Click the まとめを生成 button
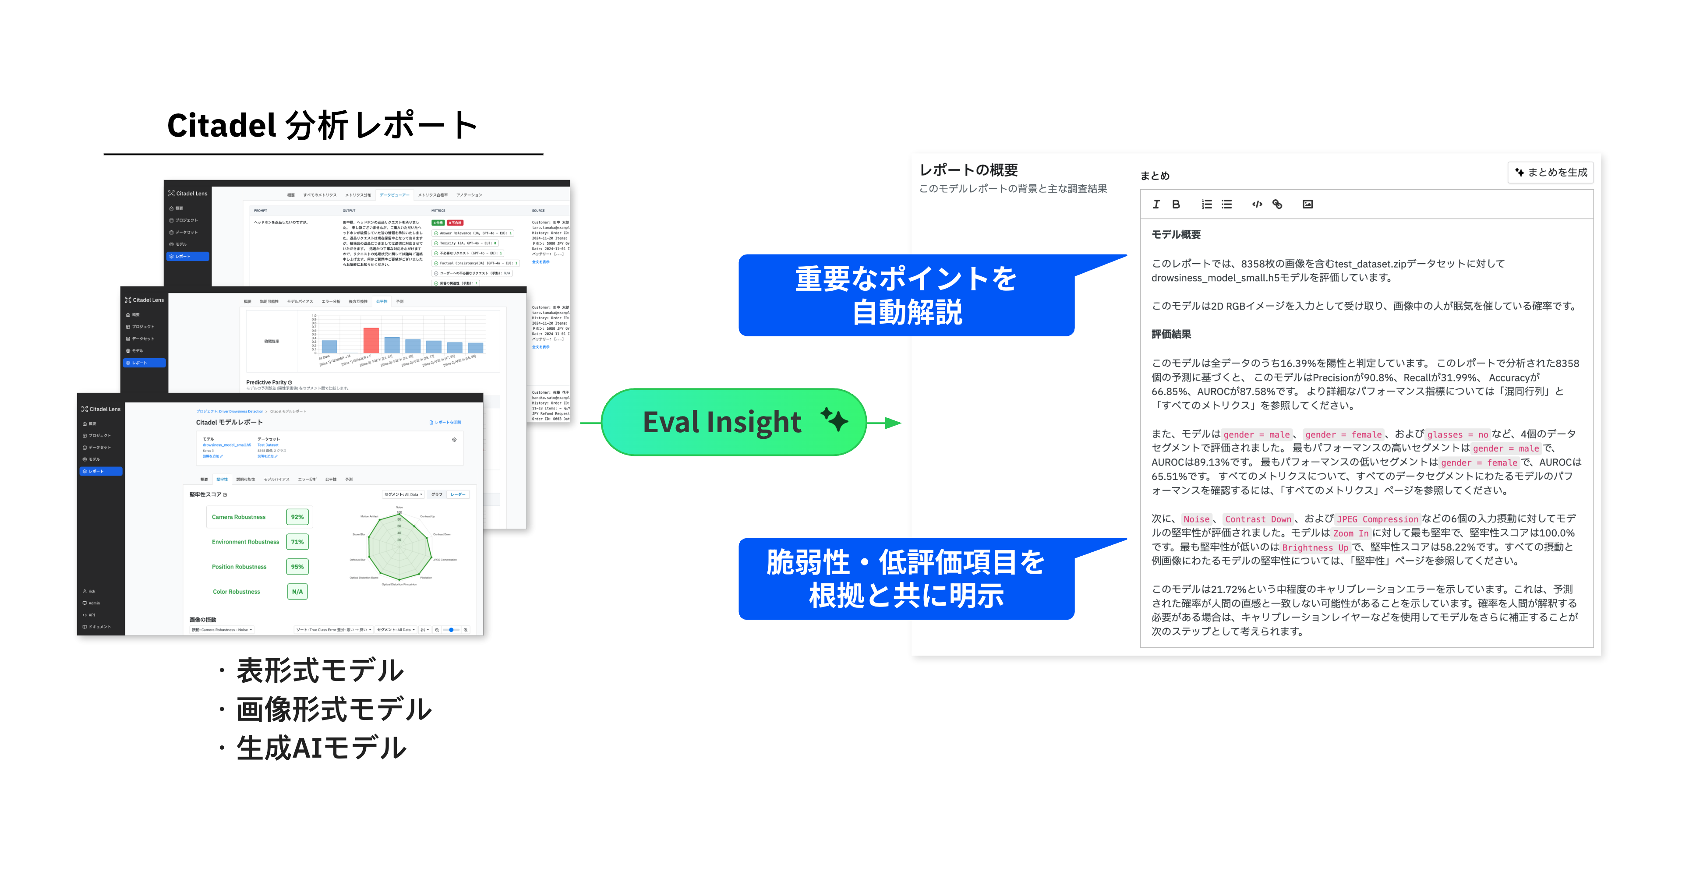(1551, 173)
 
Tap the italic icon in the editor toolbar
(1156, 205)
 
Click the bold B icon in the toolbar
(1176, 205)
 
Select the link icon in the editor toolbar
(1277, 205)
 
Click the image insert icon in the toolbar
(1307, 205)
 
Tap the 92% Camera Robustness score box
(297, 517)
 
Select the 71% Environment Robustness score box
(297, 542)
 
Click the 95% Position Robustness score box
(297, 567)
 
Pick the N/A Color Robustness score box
(297, 592)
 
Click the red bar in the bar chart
(371, 340)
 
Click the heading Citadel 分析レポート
(322, 125)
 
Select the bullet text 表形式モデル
(320, 670)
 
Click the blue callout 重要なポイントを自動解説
(906, 296)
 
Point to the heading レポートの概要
(968, 170)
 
